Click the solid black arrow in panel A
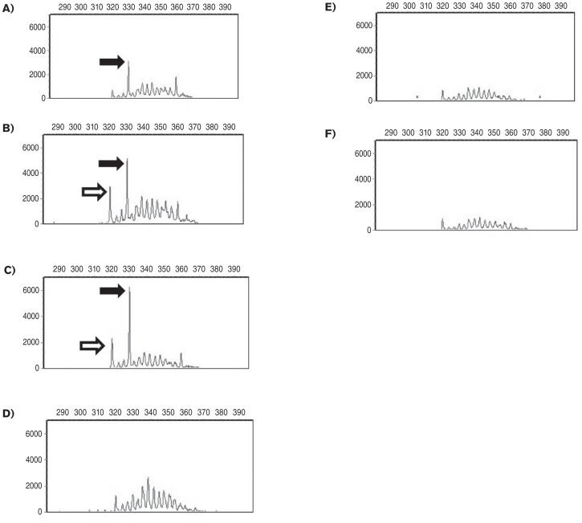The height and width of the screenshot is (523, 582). pyautogui.click(x=112, y=62)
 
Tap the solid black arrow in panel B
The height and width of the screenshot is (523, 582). pyautogui.click(x=112, y=163)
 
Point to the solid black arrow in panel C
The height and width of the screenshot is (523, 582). pyautogui.click(x=112, y=291)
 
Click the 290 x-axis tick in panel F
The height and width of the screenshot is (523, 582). pyautogui.click(x=391, y=133)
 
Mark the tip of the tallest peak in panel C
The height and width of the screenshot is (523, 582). pyautogui.click(x=129, y=288)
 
